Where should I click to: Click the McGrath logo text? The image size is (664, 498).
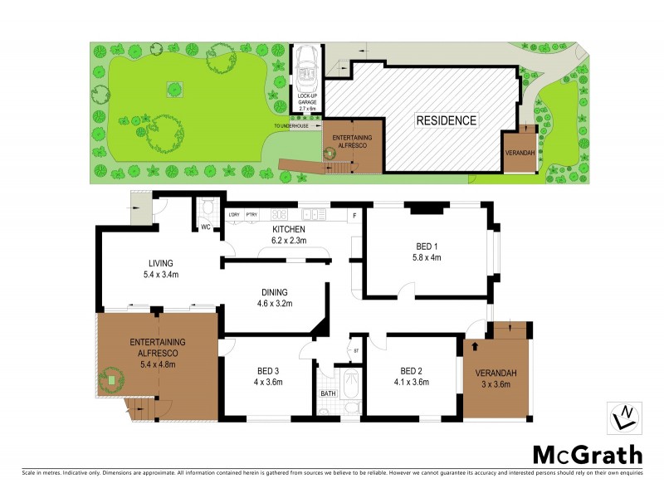587,454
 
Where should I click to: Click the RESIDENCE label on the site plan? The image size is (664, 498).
447,120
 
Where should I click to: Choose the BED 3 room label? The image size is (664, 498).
268,376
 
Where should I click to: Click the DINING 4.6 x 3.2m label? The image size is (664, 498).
273,297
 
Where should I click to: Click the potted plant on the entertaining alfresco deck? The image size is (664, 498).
110,381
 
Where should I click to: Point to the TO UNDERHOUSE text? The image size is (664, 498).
297,126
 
